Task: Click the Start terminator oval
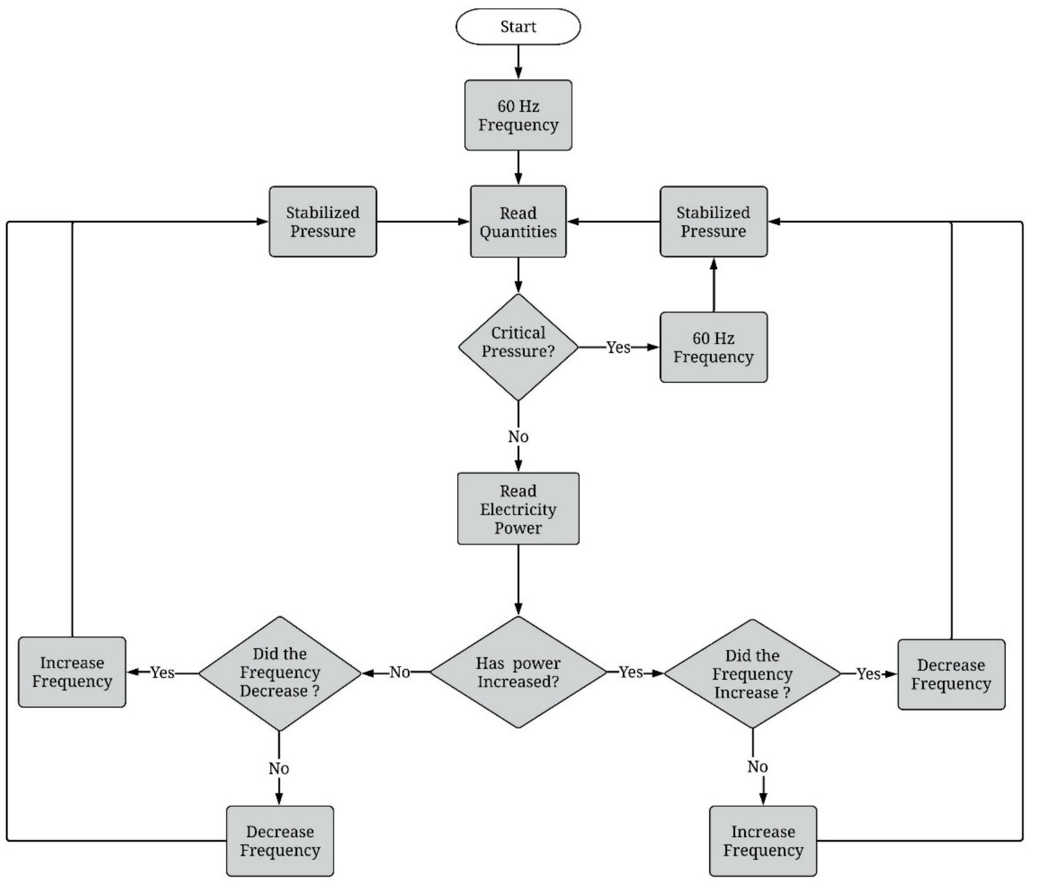coord(518,27)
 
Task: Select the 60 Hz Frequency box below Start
coord(518,115)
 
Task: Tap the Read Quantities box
coord(518,222)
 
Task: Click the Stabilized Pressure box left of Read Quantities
coord(323,222)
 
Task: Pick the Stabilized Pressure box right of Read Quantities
coord(713,222)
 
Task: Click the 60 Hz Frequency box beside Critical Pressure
coord(713,347)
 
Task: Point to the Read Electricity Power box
coord(518,509)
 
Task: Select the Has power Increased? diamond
coord(518,672)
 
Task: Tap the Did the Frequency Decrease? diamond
coord(280,673)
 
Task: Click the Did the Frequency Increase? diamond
coord(752,673)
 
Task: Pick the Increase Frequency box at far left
coord(72,672)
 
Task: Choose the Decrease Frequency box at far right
coord(951,675)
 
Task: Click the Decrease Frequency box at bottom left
coord(280,841)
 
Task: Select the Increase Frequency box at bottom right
coord(763,841)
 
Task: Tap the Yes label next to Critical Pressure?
coord(618,347)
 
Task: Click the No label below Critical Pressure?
coord(518,437)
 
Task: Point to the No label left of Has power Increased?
coord(400,672)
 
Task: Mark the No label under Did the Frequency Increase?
coord(757,767)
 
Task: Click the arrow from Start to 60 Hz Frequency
coord(518,62)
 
